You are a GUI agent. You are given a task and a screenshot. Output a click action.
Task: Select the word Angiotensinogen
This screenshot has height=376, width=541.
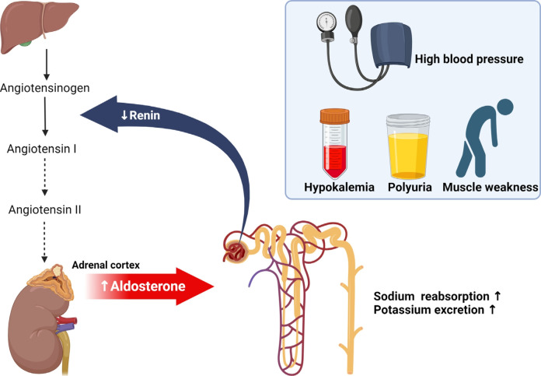[46, 88]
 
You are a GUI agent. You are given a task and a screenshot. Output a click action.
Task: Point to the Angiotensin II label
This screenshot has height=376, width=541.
[46, 209]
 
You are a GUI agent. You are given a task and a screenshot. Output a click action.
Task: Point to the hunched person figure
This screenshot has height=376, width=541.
[483, 140]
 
